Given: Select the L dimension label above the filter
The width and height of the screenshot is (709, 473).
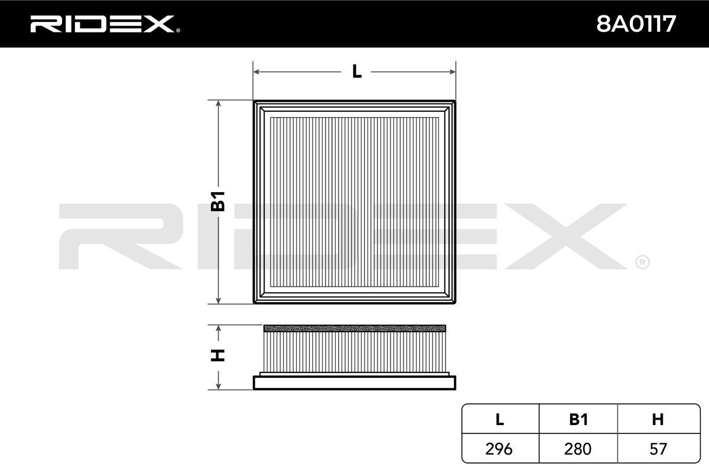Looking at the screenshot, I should click(x=356, y=72).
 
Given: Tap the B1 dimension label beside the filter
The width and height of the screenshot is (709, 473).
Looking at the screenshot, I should click(x=219, y=202).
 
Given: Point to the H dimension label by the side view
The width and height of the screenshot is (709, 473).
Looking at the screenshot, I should click(x=219, y=355).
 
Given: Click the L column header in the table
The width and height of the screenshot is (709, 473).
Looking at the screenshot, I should click(x=500, y=420).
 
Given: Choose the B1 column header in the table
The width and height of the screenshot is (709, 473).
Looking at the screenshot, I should click(x=578, y=420).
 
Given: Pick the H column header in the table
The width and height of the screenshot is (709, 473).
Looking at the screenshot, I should click(x=657, y=420).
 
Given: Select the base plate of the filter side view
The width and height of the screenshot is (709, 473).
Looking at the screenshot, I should click(x=354, y=383).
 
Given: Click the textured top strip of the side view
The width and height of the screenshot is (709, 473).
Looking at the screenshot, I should click(x=354, y=328).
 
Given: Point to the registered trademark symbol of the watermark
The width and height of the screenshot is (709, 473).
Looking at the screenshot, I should click(x=642, y=261).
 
